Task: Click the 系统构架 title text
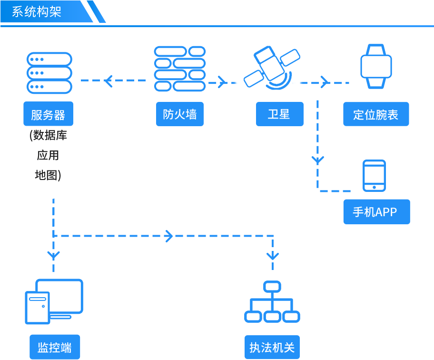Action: coord(37,11)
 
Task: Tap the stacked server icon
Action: coord(49,73)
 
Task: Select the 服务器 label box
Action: coord(49,114)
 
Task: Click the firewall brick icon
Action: coord(179,69)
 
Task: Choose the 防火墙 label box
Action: coord(180,114)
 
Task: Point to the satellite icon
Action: coord(272,68)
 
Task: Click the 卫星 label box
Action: coord(279,114)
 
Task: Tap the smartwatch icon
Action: coord(376,67)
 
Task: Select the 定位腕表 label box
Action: coord(376,114)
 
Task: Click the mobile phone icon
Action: coord(374,176)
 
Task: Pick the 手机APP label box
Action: coord(377,212)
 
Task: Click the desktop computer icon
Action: coord(54,301)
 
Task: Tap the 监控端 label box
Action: coord(55,347)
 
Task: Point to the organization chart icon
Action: coord(272,302)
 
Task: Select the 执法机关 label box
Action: coord(272,347)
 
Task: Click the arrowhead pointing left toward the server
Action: coord(108,80)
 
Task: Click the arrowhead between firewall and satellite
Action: coord(222,82)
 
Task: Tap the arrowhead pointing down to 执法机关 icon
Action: coord(273,256)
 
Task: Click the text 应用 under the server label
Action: coord(48,155)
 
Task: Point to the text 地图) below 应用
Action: coord(48,175)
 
